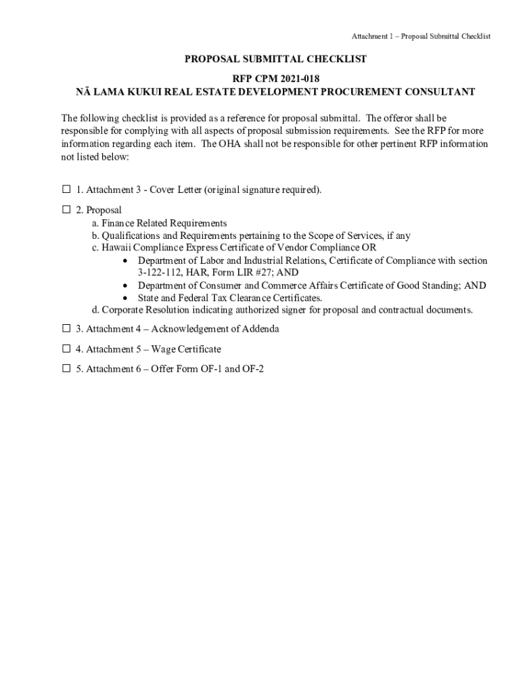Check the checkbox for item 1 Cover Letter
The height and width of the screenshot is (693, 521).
tap(66, 190)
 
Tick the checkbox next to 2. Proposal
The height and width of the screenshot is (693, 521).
tap(66, 210)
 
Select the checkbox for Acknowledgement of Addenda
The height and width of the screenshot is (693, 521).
tap(66, 329)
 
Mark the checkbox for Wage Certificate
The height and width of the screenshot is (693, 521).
tap(66, 349)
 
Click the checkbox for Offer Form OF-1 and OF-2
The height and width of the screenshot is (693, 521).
tap(66, 369)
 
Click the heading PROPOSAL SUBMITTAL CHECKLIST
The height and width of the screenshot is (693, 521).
tap(275, 60)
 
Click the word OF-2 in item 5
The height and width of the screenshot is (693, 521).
tap(254, 369)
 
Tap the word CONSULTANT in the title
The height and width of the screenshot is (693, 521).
tap(437, 92)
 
